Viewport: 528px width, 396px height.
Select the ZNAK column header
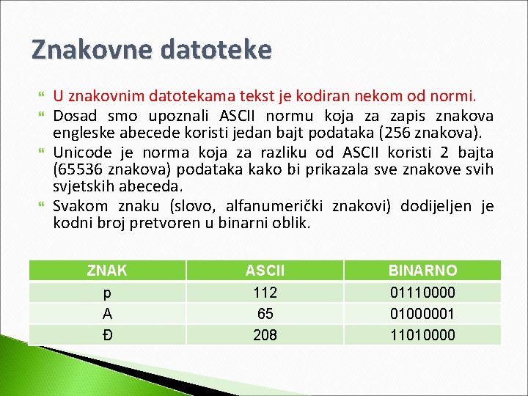tap(107, 271)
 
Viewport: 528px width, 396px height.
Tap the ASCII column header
tap(265, 271)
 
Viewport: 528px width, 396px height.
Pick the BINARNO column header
tap(422, 271)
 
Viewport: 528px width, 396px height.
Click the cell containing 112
tap(265, 293)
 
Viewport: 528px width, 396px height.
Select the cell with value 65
tap(265, 314)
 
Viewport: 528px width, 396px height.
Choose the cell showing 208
tap(265, 335)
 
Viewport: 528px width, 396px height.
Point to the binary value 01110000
tap(422, 293)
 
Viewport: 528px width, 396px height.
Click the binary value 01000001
tap(422, 314)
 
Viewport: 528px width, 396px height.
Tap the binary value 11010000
tap(422, 335)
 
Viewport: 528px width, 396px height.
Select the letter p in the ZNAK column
tap(107, 293)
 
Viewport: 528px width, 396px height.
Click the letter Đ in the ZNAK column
tap(107, 335)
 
